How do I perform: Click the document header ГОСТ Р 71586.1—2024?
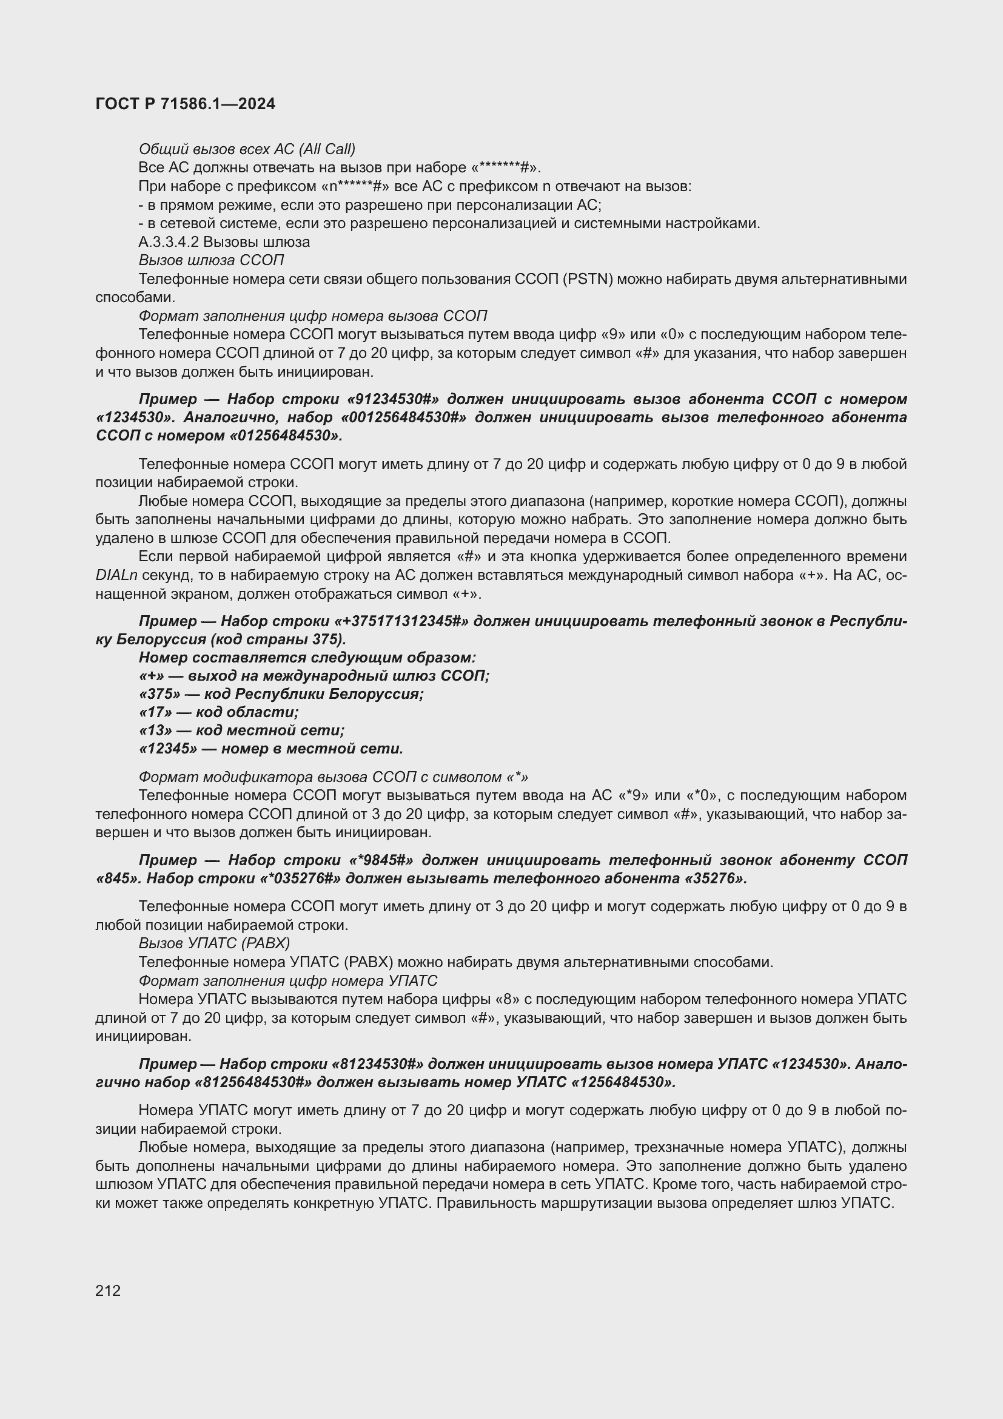coord(186,104)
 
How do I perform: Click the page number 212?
coord(108,1290)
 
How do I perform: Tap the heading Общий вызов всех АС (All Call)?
coord(246,149)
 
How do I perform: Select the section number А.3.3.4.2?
coord(168,241)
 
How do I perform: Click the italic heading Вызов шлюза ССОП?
coord(210,260)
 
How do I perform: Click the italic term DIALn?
coord(116,575)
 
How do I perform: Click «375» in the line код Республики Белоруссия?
coord(159,694)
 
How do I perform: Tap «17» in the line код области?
coord(155,712)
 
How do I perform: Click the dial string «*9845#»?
coord(380,860)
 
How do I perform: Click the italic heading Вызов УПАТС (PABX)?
coord(213,943)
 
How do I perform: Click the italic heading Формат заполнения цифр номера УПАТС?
coord(287,981)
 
